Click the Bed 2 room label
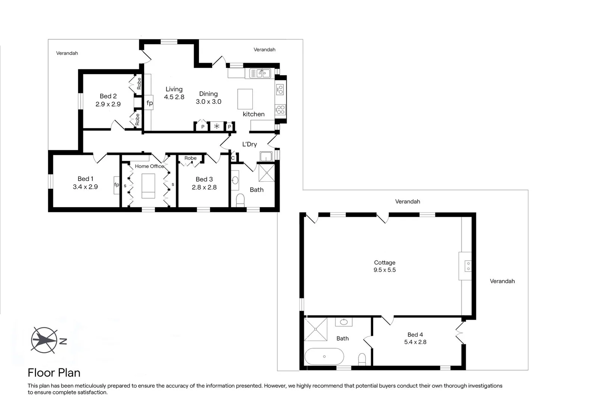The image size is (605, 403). click(x=108, y=96)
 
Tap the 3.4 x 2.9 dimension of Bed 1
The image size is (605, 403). click(x=85, y=187)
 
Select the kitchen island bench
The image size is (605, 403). click(x=245, y=99)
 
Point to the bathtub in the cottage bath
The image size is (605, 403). click(x=324, y=356)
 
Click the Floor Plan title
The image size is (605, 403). click(x=54, y=373)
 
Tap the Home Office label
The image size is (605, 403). click(x=149, y=166)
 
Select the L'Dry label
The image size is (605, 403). click(x=249, y=144)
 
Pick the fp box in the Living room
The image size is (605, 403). click(x=149, y=103)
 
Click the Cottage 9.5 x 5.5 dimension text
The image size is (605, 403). click(x=384, y=270)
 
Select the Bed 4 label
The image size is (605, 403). click(x=415, y=335)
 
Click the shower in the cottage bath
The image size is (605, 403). click(x=316, y=329)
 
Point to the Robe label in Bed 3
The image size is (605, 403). click(x=190, y=158)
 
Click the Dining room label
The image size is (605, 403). click(x=208, y=94)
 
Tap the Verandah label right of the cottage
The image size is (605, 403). click(x=502, y=281)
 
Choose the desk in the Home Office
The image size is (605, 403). click(x=148, y=185)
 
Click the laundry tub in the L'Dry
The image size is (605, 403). click(x=266, y=156)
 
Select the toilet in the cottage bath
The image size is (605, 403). click(x=362, y=360)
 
